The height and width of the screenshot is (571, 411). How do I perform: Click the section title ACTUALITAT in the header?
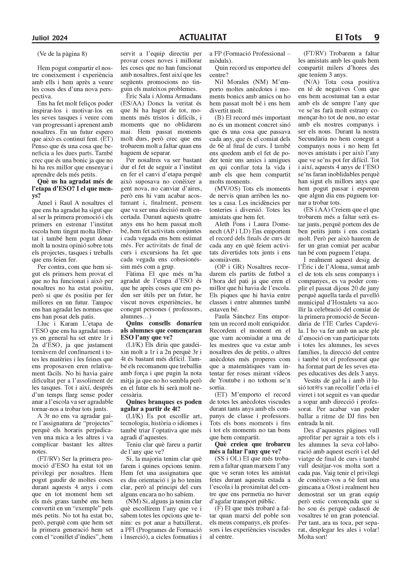coord(203,37)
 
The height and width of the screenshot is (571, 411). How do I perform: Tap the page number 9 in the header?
coord(376,37)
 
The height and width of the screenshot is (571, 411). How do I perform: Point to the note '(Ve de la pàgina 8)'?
coord(62,54)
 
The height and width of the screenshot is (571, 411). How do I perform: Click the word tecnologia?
coord(135,423)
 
